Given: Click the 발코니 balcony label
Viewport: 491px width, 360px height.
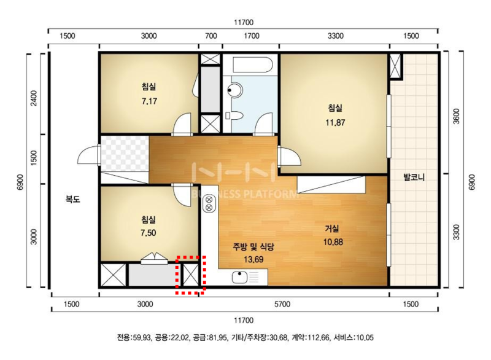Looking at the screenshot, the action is pyautogui.click(x=414, y=178).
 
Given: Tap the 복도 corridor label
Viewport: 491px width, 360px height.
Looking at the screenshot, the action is pyautogui.click(x=72, y=199).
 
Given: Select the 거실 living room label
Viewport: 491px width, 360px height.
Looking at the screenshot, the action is pyautogui.click(x=331, y=229).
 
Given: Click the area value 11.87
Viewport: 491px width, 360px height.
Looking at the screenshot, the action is pyautogui.click(x=335, y=122).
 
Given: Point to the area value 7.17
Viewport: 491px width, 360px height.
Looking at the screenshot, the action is pyautogui.click(x=149, y=101).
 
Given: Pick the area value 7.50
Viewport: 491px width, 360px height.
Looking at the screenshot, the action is pyautogui.click(x=148, y=233).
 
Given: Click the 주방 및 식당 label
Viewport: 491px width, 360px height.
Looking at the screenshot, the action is pyautogui.click(x=253, y=247).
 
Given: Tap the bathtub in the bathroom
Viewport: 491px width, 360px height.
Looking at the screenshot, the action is pyautogui.click(x=252, y=65).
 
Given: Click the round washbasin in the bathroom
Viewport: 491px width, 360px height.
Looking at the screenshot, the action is pyautogui.click(x=234, y=90).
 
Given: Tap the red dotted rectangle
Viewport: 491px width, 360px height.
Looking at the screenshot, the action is pyautogui.click(x=191, y=275).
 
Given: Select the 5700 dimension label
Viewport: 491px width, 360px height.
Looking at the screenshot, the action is pyautogui.click(x=282, y=304).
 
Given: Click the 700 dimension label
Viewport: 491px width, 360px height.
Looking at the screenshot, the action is pyautogui.click(x=211, y=36).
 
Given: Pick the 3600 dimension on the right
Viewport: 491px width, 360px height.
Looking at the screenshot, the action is pyautogui.click(x=457, y=116).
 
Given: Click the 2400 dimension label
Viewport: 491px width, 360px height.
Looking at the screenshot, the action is pyautogui.click(x=34, y=98).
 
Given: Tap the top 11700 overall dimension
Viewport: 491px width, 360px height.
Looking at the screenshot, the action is pyautogui.click(x=244, y=23).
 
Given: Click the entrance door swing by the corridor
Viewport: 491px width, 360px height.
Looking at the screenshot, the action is pyautogui.click(x=89, y=154).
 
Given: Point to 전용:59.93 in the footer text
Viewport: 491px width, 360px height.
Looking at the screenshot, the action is pyautogui.click(x=134, y=337).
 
